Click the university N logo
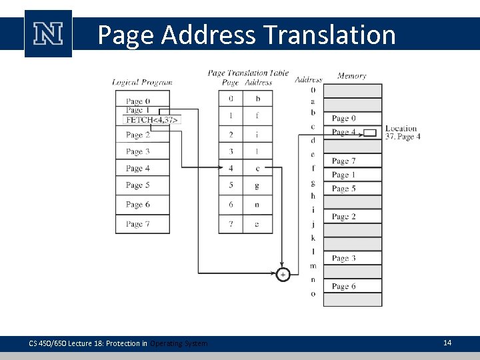pyautogui.click(x=48, y=34)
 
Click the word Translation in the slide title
pyautogui.click(x=329, y=35)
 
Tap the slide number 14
pyautogui.click(x=447, y=343)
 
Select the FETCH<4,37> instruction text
pyautogui.click(x=153, y=120)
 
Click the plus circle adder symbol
pyautogui.click(x=283, y=274)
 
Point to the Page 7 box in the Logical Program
pyautogui.click(x=142, y=224)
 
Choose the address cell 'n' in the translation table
pyautogui.click(x=257, y=205)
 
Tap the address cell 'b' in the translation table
pyautogui.click(x=257, y=99)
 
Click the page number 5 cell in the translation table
pyautogui.click(x=231, y=185)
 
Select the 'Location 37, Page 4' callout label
pyautogui.click(x=402, y=133)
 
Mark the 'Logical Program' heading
pyautogui.click(x=142, y=83)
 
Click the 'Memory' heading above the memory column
pyautogui.click(x=351, y=76)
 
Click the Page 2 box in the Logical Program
pyautogui.click(x=142, y=135)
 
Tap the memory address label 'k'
pyautogui.click(x=313, y=238)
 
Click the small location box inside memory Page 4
pyautogui.click(x=371, y=133)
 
